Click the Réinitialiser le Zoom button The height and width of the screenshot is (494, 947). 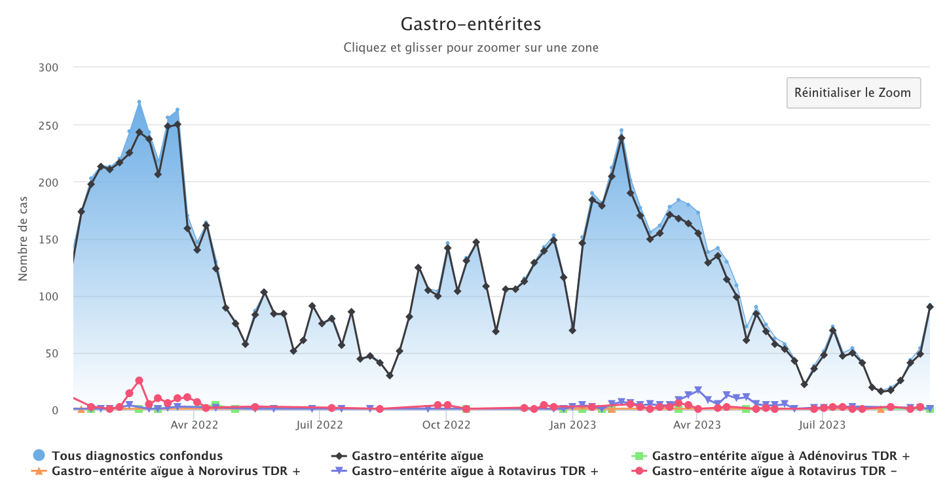853,93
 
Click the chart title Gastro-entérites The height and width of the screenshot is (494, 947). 471,24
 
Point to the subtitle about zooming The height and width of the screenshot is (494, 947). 471,48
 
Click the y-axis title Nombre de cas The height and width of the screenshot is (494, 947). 23,238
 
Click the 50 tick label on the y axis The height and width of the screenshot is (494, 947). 52,353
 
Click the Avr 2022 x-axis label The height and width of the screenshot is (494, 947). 194,425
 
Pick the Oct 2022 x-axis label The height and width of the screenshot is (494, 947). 446,425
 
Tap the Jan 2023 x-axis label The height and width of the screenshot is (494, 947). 572,425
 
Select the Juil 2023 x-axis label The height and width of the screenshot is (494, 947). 822,425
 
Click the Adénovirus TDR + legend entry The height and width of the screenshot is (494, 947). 780,455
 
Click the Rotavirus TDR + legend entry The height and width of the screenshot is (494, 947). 475,470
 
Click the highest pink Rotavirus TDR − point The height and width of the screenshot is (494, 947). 139,380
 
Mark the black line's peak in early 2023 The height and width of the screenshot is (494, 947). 622,137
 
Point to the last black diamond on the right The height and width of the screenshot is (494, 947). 930,306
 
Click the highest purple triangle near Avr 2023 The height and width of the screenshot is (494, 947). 698,391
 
